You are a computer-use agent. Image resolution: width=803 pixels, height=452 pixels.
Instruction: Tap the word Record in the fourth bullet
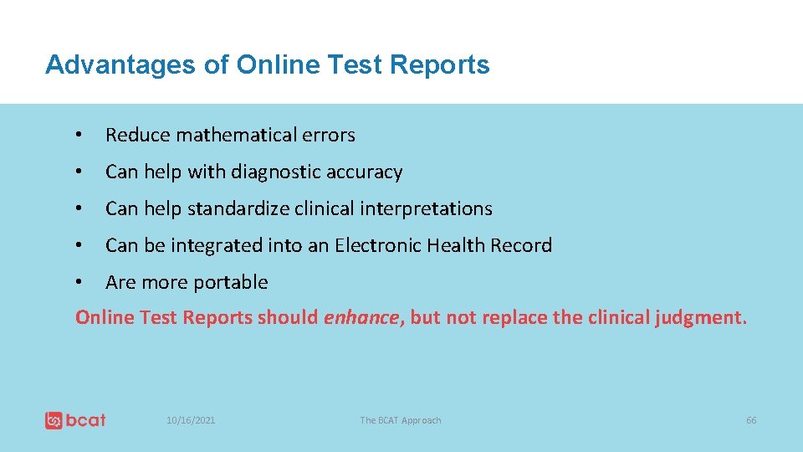coord(521,245)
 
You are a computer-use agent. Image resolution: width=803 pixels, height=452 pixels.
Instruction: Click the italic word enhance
coord(361,317)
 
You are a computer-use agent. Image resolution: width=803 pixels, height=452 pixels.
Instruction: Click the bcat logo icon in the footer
coord(54,420)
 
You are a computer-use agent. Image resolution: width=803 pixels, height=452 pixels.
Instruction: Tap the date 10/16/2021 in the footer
coord(191,420)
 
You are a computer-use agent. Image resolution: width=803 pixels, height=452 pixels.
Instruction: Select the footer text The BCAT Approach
coord(401,420)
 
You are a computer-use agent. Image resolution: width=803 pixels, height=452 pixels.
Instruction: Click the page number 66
coord(751,420)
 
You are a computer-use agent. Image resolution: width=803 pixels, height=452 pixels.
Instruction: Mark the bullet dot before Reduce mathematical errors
coord(78,136)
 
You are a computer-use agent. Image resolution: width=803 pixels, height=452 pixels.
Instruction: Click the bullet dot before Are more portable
coord(78,283)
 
